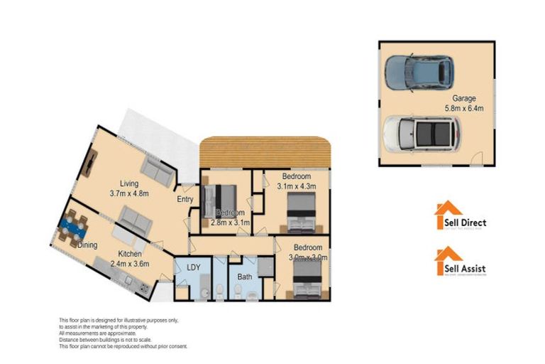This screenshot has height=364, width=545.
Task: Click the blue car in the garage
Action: click(x=418, y=70)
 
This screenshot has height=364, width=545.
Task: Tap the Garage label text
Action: click(x=464, y=99)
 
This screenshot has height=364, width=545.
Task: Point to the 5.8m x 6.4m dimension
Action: click(x=464, y=109)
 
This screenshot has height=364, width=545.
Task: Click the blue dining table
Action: click(x=72, y=227)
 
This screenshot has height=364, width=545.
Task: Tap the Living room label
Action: click(x=128, y=183)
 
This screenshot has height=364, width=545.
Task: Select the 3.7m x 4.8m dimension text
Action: click(x=128, y=193)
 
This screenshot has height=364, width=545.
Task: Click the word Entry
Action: click(x=185, y=200)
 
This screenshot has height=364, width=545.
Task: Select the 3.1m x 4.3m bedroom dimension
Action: click(x=297, y=186)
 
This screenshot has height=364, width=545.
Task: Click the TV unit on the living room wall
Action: click(x=92, y=164)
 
